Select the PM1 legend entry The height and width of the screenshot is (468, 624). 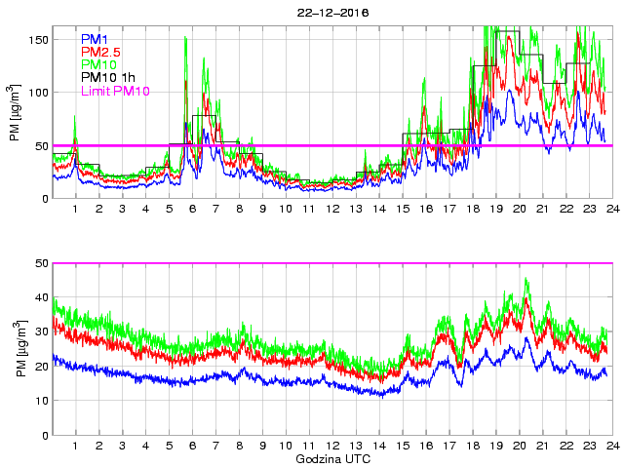pyautogui.click(x=96, y=39)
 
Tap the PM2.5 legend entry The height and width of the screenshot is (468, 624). pyautogui.click(x=101, y=52)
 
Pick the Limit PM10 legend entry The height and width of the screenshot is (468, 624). pyautogui.click(x=116, y=90)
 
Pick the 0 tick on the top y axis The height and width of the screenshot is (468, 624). pyautogui.click(x=43, y=198)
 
